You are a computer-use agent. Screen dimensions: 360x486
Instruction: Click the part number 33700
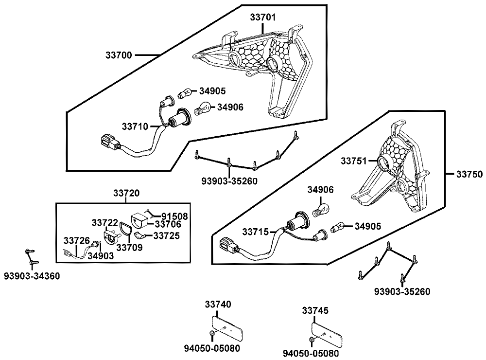pos(119,55)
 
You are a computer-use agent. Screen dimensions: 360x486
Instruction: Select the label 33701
pos(263,18)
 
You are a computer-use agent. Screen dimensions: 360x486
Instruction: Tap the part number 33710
pos(134,126)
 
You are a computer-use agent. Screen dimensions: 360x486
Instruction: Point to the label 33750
pos(468,174)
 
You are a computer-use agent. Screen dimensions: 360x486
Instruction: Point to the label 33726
pos(76,240)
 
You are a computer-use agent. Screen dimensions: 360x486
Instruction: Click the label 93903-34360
pos(32,276)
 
